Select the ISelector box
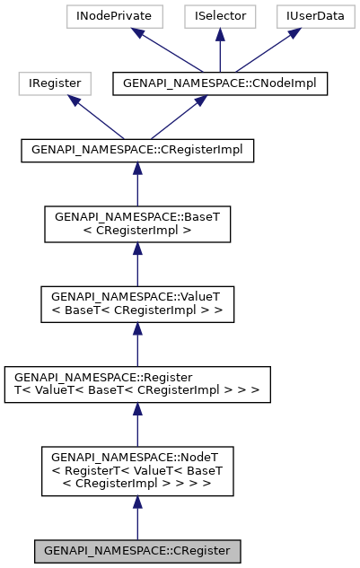[220, 16]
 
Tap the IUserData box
[305, 16]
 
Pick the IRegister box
[54, 83]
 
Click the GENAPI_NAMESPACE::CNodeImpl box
[220, 83]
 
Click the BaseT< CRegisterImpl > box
[137, 224]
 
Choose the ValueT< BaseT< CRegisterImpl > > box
[137, 304]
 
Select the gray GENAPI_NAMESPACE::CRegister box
[137, 550]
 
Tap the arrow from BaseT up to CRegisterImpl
[137, 184]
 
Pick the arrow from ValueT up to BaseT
[137, 265]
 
